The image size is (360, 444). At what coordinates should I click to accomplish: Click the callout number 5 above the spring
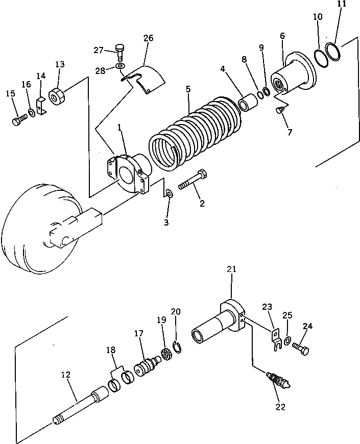coord(188,89)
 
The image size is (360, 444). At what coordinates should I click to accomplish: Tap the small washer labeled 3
coord(169,194)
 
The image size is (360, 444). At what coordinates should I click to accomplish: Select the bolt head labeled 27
coord(120,50)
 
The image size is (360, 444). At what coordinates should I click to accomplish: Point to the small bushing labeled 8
coord(249,101)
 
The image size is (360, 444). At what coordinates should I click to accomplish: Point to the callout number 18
coord(111,350)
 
